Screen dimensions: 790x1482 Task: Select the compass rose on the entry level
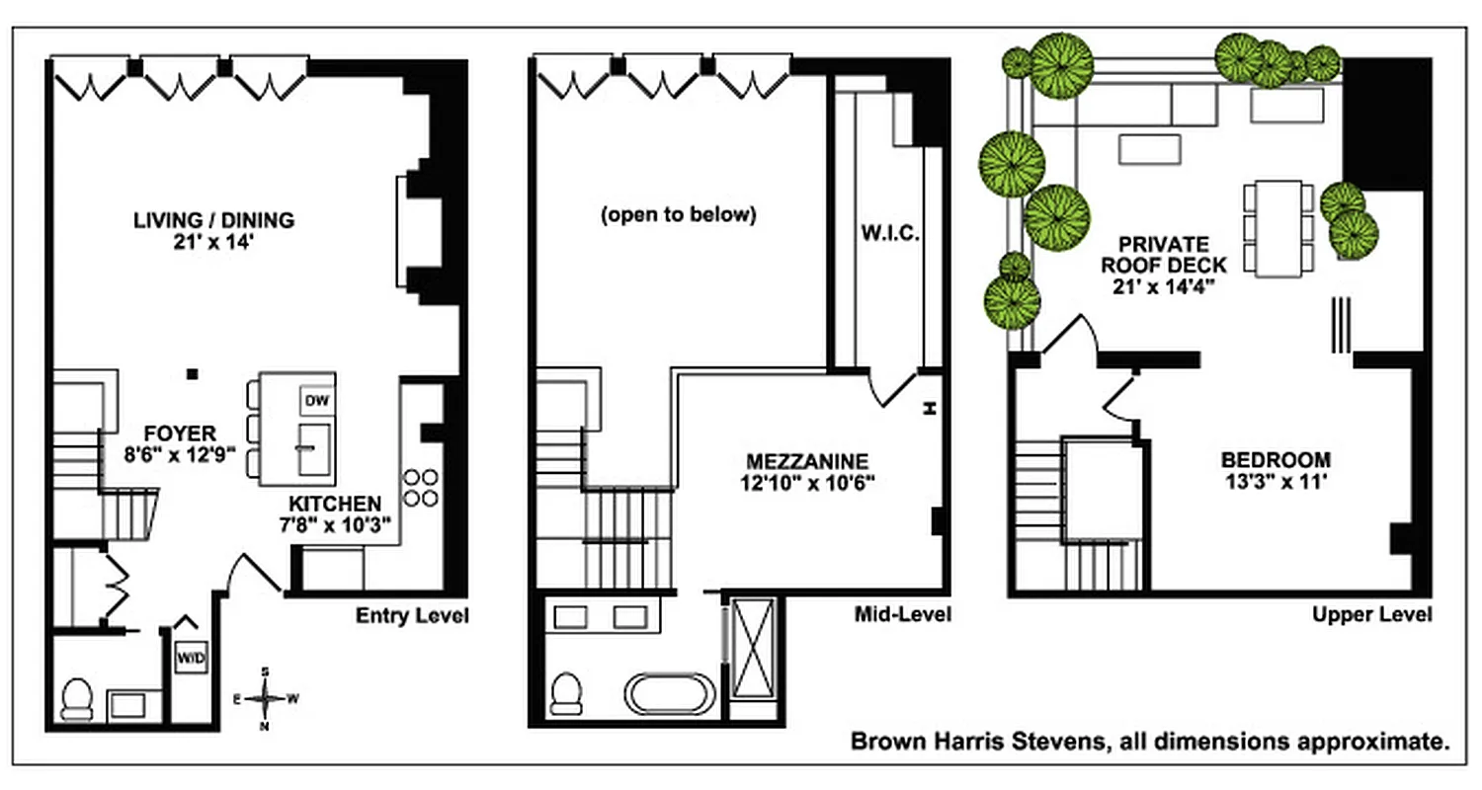coord(265,698)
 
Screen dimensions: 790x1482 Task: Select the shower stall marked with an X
coord(753,658)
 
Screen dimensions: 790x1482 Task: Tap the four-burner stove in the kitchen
coord(421,487)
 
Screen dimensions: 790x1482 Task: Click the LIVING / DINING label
coord(214,219)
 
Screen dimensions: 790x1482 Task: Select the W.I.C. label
coord(889,236)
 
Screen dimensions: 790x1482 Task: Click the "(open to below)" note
coord(678,214)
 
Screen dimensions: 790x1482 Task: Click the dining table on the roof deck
coord(1278,228)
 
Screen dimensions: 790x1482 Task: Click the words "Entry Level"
coord(412,616)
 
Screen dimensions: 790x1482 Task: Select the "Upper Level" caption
coord(1371,614)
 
